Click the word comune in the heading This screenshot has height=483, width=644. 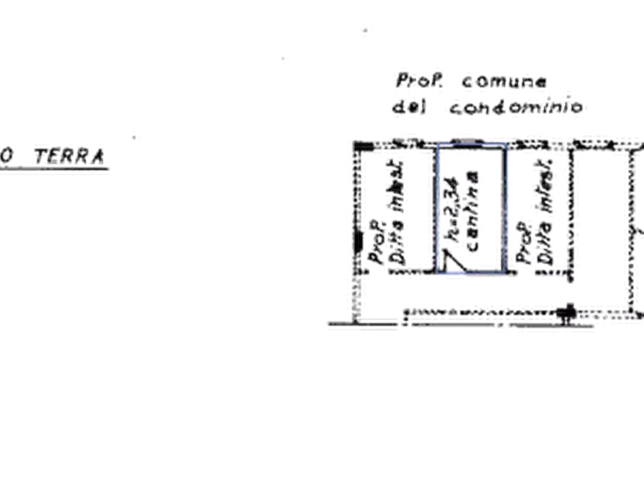504,83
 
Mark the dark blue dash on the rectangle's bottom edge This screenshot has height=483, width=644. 454,276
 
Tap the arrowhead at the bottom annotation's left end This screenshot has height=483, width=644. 325,322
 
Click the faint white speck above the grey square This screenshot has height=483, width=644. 366,30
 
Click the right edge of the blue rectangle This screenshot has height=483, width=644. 506,209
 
